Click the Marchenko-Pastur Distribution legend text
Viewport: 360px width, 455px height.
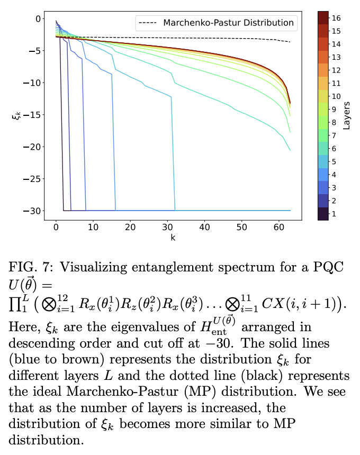(228, 23)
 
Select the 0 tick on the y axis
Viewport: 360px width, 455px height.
(39, 19)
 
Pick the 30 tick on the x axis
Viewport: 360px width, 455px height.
(168, 227)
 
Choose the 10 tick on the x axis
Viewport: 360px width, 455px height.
(93, 227)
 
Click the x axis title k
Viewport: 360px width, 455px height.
(173, 238)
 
